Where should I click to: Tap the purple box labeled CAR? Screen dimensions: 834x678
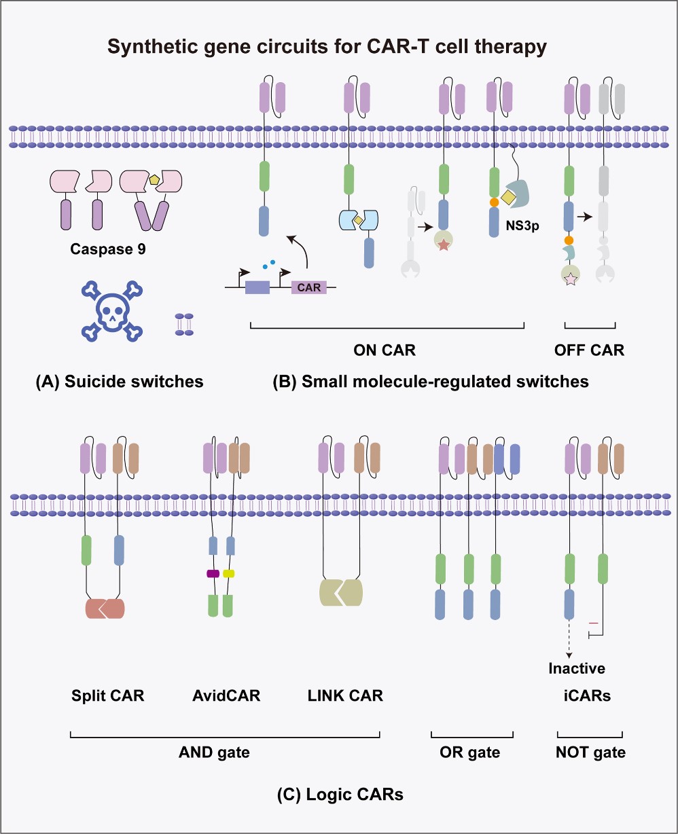click(x=309, y=287)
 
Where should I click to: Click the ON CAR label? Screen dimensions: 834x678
click(x=385, y=350)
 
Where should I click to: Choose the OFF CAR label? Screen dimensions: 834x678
click(x=589, y=350)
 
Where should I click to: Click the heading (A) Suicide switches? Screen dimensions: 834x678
click(x=120, y=382)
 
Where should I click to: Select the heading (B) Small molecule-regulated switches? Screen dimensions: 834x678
click(x=430, y=382)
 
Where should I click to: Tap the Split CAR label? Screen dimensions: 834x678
click(x=108, y=695)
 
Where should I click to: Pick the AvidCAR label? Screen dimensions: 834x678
click(x=221, y=695)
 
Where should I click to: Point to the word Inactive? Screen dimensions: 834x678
click(x=577, y=668)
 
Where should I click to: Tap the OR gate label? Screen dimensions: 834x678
click(x=470, y=752)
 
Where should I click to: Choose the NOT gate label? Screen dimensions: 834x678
click(x=590, y=752)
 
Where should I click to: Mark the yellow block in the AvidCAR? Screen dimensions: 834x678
click(x=229, y=574)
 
